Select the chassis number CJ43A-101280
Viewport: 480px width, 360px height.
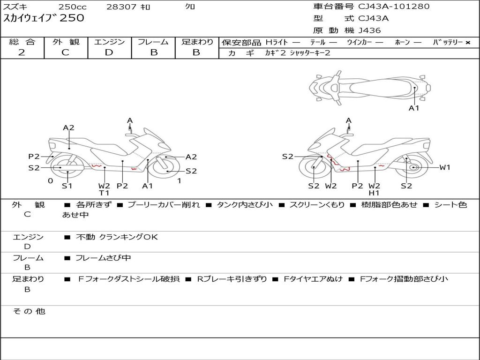click(x=394, y=7)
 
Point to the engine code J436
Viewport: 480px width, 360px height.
click(x=369, y=30)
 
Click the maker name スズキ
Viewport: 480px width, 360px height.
click(x=16, y=7)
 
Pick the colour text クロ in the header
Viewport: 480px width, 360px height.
click(x=190, y=7)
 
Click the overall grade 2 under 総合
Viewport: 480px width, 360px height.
click(x=22, y=52)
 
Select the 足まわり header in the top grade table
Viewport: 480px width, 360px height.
click(x=197, y=42)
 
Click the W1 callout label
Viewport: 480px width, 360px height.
click(x=444, y=167)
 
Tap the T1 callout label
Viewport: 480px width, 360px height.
click(x=104, y=193)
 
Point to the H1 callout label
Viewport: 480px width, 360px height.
click(x=374, y=193)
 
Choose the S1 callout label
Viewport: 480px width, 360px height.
click(x=67, y=186)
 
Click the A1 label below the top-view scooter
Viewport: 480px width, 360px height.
click(x=414, y=108)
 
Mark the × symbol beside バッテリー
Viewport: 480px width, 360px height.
click(x=467, y=43)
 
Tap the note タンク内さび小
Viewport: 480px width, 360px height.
click(x=244, y=205)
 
